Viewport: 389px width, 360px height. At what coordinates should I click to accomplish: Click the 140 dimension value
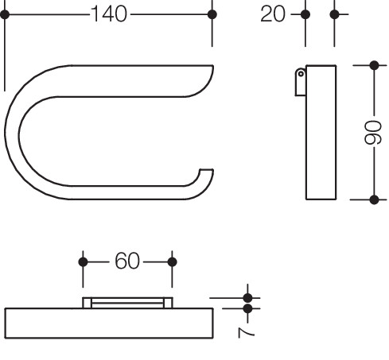[x=109, y=14]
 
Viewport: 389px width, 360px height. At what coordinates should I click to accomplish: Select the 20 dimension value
[x=273, y=14]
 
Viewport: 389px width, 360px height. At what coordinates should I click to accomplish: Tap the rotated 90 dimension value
[x=373, y=133]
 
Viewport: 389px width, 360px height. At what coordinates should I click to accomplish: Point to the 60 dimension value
[x=127, y=261]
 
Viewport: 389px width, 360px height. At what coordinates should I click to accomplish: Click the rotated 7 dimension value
[x=247, y=332]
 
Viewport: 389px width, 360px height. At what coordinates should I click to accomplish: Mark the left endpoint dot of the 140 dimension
[x=5, y=14]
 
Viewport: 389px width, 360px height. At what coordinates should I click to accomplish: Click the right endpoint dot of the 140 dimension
[x=212, y=14]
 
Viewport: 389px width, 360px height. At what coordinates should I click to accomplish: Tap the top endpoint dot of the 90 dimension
[x=374, y=65]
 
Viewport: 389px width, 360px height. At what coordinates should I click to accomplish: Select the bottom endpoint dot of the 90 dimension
[x=374, y=199]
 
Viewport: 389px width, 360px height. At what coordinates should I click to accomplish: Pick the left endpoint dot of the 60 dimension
[x=83, y=262]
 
